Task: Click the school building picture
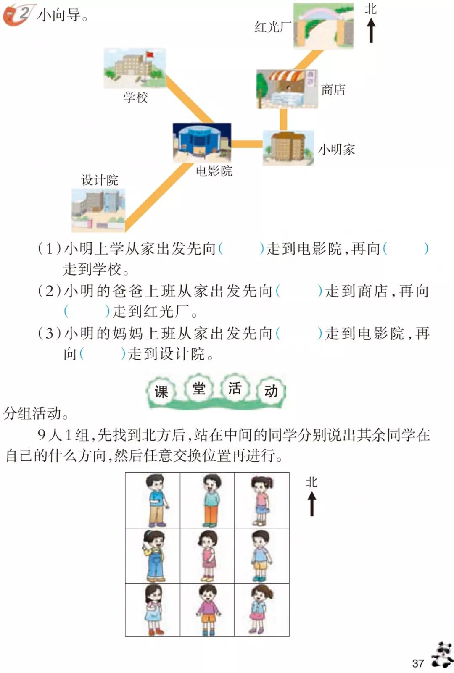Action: (135, 68)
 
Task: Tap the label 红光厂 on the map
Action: (272, 27)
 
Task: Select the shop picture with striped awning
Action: (287, 89)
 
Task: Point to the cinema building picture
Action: (202, 142)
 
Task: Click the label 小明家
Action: (336, 150)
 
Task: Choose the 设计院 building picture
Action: (98, 210)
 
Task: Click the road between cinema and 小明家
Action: (247, 144)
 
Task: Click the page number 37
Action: (418, 663)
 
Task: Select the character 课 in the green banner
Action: (161, 392)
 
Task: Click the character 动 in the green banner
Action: (271, 391)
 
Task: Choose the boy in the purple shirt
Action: (208, 609)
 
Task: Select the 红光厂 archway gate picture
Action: (323, 26)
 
